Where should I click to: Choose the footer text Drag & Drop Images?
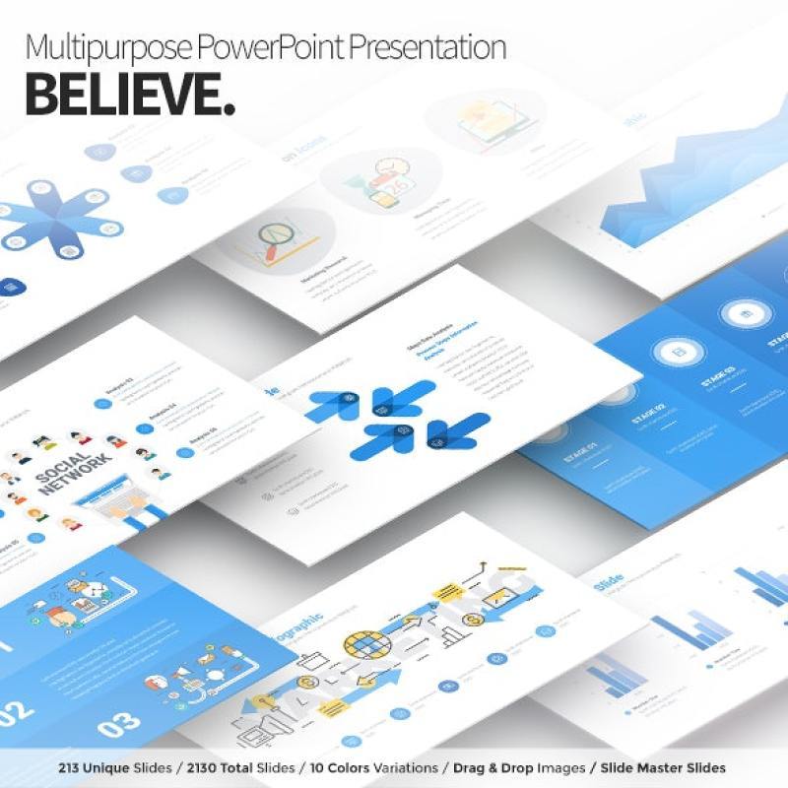519,767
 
